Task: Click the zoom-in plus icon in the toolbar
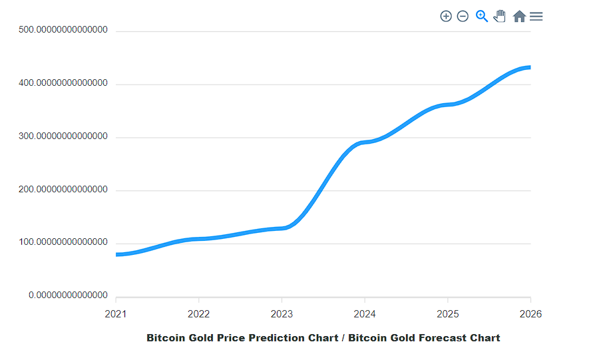tap(446, 16)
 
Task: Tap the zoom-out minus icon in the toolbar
tap(463, 16)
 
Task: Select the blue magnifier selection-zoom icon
tap(482, 16)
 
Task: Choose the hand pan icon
tap(500, 16)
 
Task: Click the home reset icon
tap(519, 16)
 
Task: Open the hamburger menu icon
tap(536, 16)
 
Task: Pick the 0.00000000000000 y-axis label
tap(68, 295)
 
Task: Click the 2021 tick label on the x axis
tap(116, 314)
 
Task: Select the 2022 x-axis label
tap(199, 314)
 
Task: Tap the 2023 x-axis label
tap(282, 314)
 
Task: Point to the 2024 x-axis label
tap(365, 314)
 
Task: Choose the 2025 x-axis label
tap(447, 314)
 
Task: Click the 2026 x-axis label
tap(530, 314)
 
